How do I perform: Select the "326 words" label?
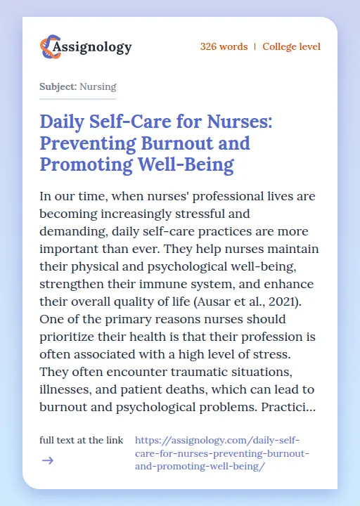click(224, 47)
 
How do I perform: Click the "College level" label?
click(291, 47)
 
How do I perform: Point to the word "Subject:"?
click(58, 87)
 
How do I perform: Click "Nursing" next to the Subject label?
click(98, 87)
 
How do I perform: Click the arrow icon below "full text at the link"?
click(47, 460)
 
